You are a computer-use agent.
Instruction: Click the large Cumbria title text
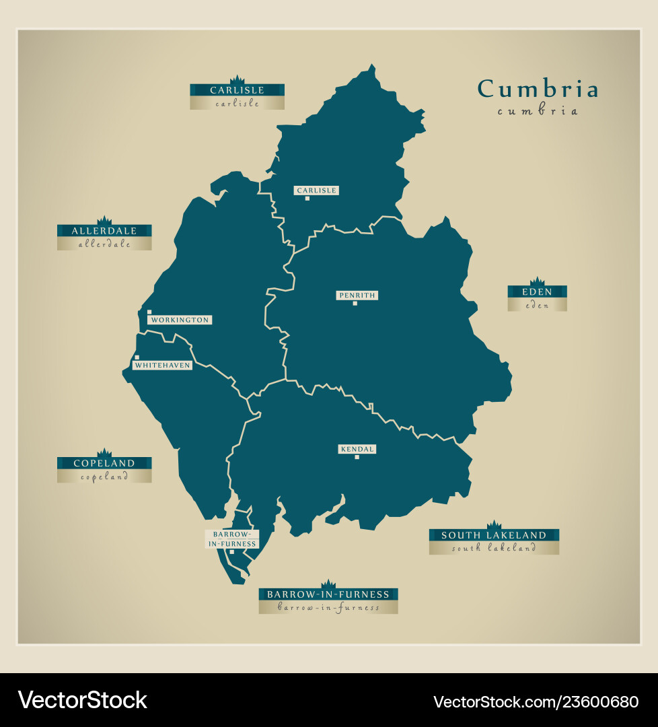pyautogui.click(x=538, y=89)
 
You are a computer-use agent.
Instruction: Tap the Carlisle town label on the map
pyautogui.click(x=316, y=191)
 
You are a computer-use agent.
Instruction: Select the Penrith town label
pyautogui.click(x=357, y=295)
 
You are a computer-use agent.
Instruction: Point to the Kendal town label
pyautogui.click(x=357, y=449)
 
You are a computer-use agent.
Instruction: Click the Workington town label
pyautogui.click(x=180, y=320)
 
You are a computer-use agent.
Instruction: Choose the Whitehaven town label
pyautogui.click(x=162, y=365)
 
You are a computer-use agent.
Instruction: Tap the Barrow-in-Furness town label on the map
pyautogui.click(x=232, y=539)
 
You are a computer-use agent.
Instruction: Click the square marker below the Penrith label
pyautogui.click(x=355, y=304)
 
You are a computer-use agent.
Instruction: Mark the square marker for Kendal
pyautogui.click(x=357, y=458)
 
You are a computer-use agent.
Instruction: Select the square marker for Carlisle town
pyautogui.click(x=307, y=199)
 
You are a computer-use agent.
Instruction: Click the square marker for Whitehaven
pyautogui.click(x=137, y=357)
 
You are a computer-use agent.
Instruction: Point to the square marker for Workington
pyautogui.click(x=149, y=312)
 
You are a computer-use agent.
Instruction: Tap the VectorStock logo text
pyautogui.click(x=83, y=700)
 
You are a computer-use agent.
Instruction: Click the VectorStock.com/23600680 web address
pyautogui.click(x=536, y=701)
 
